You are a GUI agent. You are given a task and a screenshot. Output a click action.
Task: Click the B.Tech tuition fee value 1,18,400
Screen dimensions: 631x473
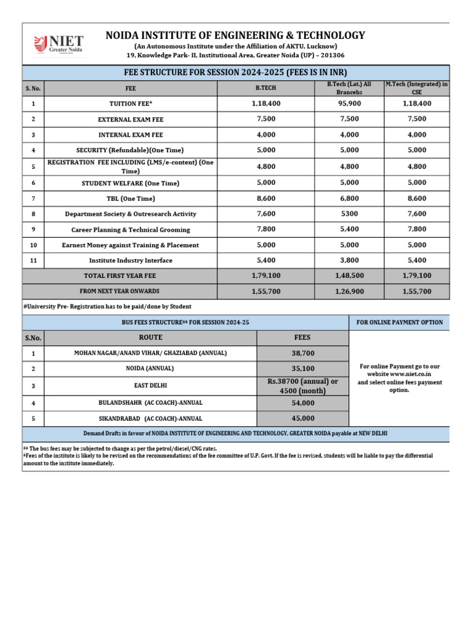(265, 104)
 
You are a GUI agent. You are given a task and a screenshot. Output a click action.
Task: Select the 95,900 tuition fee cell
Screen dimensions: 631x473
(349, 104)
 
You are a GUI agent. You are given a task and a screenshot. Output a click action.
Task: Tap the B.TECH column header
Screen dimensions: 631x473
(265, 88)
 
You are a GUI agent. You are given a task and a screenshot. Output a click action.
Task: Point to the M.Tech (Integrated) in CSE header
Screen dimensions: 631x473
(417, 88)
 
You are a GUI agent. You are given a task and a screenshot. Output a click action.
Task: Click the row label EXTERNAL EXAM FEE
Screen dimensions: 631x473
(131, 119)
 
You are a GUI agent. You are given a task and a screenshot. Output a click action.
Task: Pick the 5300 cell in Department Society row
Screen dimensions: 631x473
(349, 214)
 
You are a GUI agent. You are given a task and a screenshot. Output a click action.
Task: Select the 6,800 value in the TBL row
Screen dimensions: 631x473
(349, 198)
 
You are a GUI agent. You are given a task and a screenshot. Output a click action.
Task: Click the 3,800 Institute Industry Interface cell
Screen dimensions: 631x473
(349, 261)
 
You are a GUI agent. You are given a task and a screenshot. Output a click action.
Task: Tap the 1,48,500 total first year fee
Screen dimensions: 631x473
(349, 275)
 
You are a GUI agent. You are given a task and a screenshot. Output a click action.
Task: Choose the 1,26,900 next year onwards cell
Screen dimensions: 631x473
(349, 291)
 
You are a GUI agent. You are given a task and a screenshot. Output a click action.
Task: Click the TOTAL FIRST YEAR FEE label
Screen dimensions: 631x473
(119, 276)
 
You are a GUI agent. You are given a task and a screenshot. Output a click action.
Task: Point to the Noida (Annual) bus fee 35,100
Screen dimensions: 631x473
(302, 368)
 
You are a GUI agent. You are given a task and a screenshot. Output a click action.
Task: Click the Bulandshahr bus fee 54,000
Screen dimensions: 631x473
(302, 402)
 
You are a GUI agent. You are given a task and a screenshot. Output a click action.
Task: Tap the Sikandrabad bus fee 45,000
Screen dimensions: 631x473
(302, 418)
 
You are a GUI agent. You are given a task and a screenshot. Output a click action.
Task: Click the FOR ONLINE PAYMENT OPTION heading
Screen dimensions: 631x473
(399, 322)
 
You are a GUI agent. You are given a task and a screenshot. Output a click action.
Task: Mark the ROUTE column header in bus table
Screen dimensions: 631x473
(150, 338)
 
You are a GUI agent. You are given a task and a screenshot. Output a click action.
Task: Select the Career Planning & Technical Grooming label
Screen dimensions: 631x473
(131, 229)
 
